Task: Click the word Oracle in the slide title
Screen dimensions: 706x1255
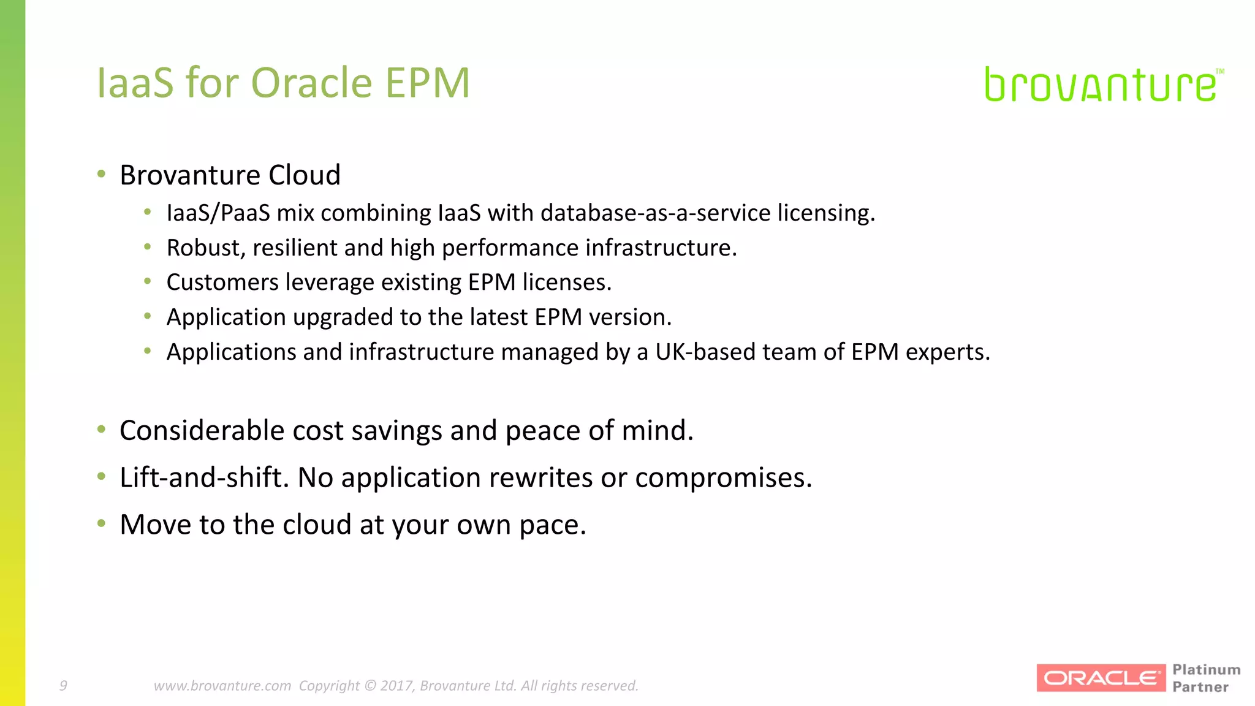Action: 311,83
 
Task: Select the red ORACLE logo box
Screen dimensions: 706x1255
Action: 1101,678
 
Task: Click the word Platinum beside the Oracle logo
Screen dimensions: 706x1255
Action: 1206,670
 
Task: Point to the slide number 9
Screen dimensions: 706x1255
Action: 63,685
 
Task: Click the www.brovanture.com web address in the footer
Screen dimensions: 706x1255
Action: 222,685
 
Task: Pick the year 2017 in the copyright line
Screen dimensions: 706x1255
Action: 397,685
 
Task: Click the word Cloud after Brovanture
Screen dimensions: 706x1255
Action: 305,175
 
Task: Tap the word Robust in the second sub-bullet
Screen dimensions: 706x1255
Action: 205,248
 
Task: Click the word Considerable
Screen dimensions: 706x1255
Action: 202,430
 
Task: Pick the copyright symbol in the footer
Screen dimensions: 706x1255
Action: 370,685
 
